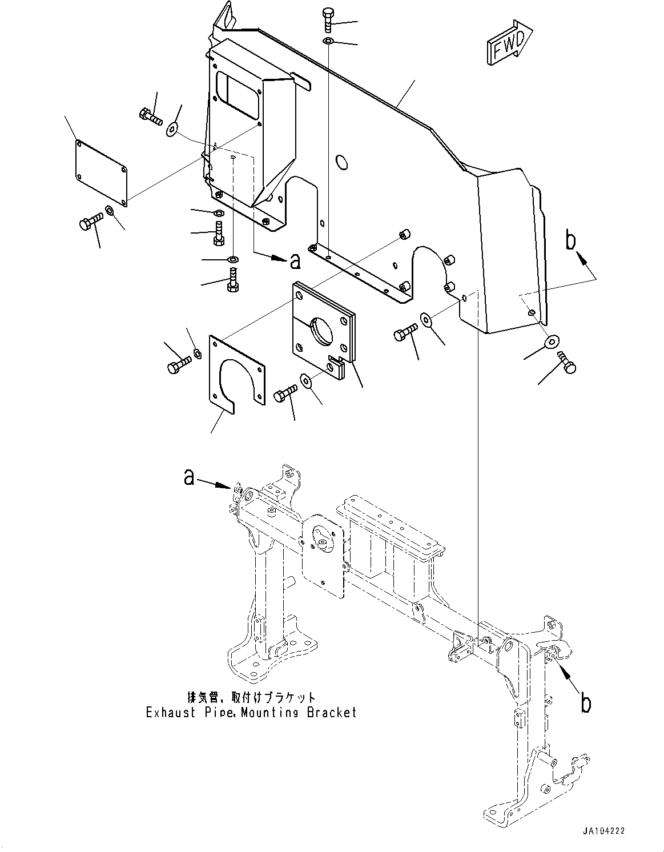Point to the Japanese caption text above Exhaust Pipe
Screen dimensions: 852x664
[251, 697]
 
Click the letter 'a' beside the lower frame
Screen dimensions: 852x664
[189, 477]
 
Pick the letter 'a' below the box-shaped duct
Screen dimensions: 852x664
[295, 260]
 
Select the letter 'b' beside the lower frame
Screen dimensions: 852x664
[586, 704]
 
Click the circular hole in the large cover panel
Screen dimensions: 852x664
[341, 162]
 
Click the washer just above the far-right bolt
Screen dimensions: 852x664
[552, 342]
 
